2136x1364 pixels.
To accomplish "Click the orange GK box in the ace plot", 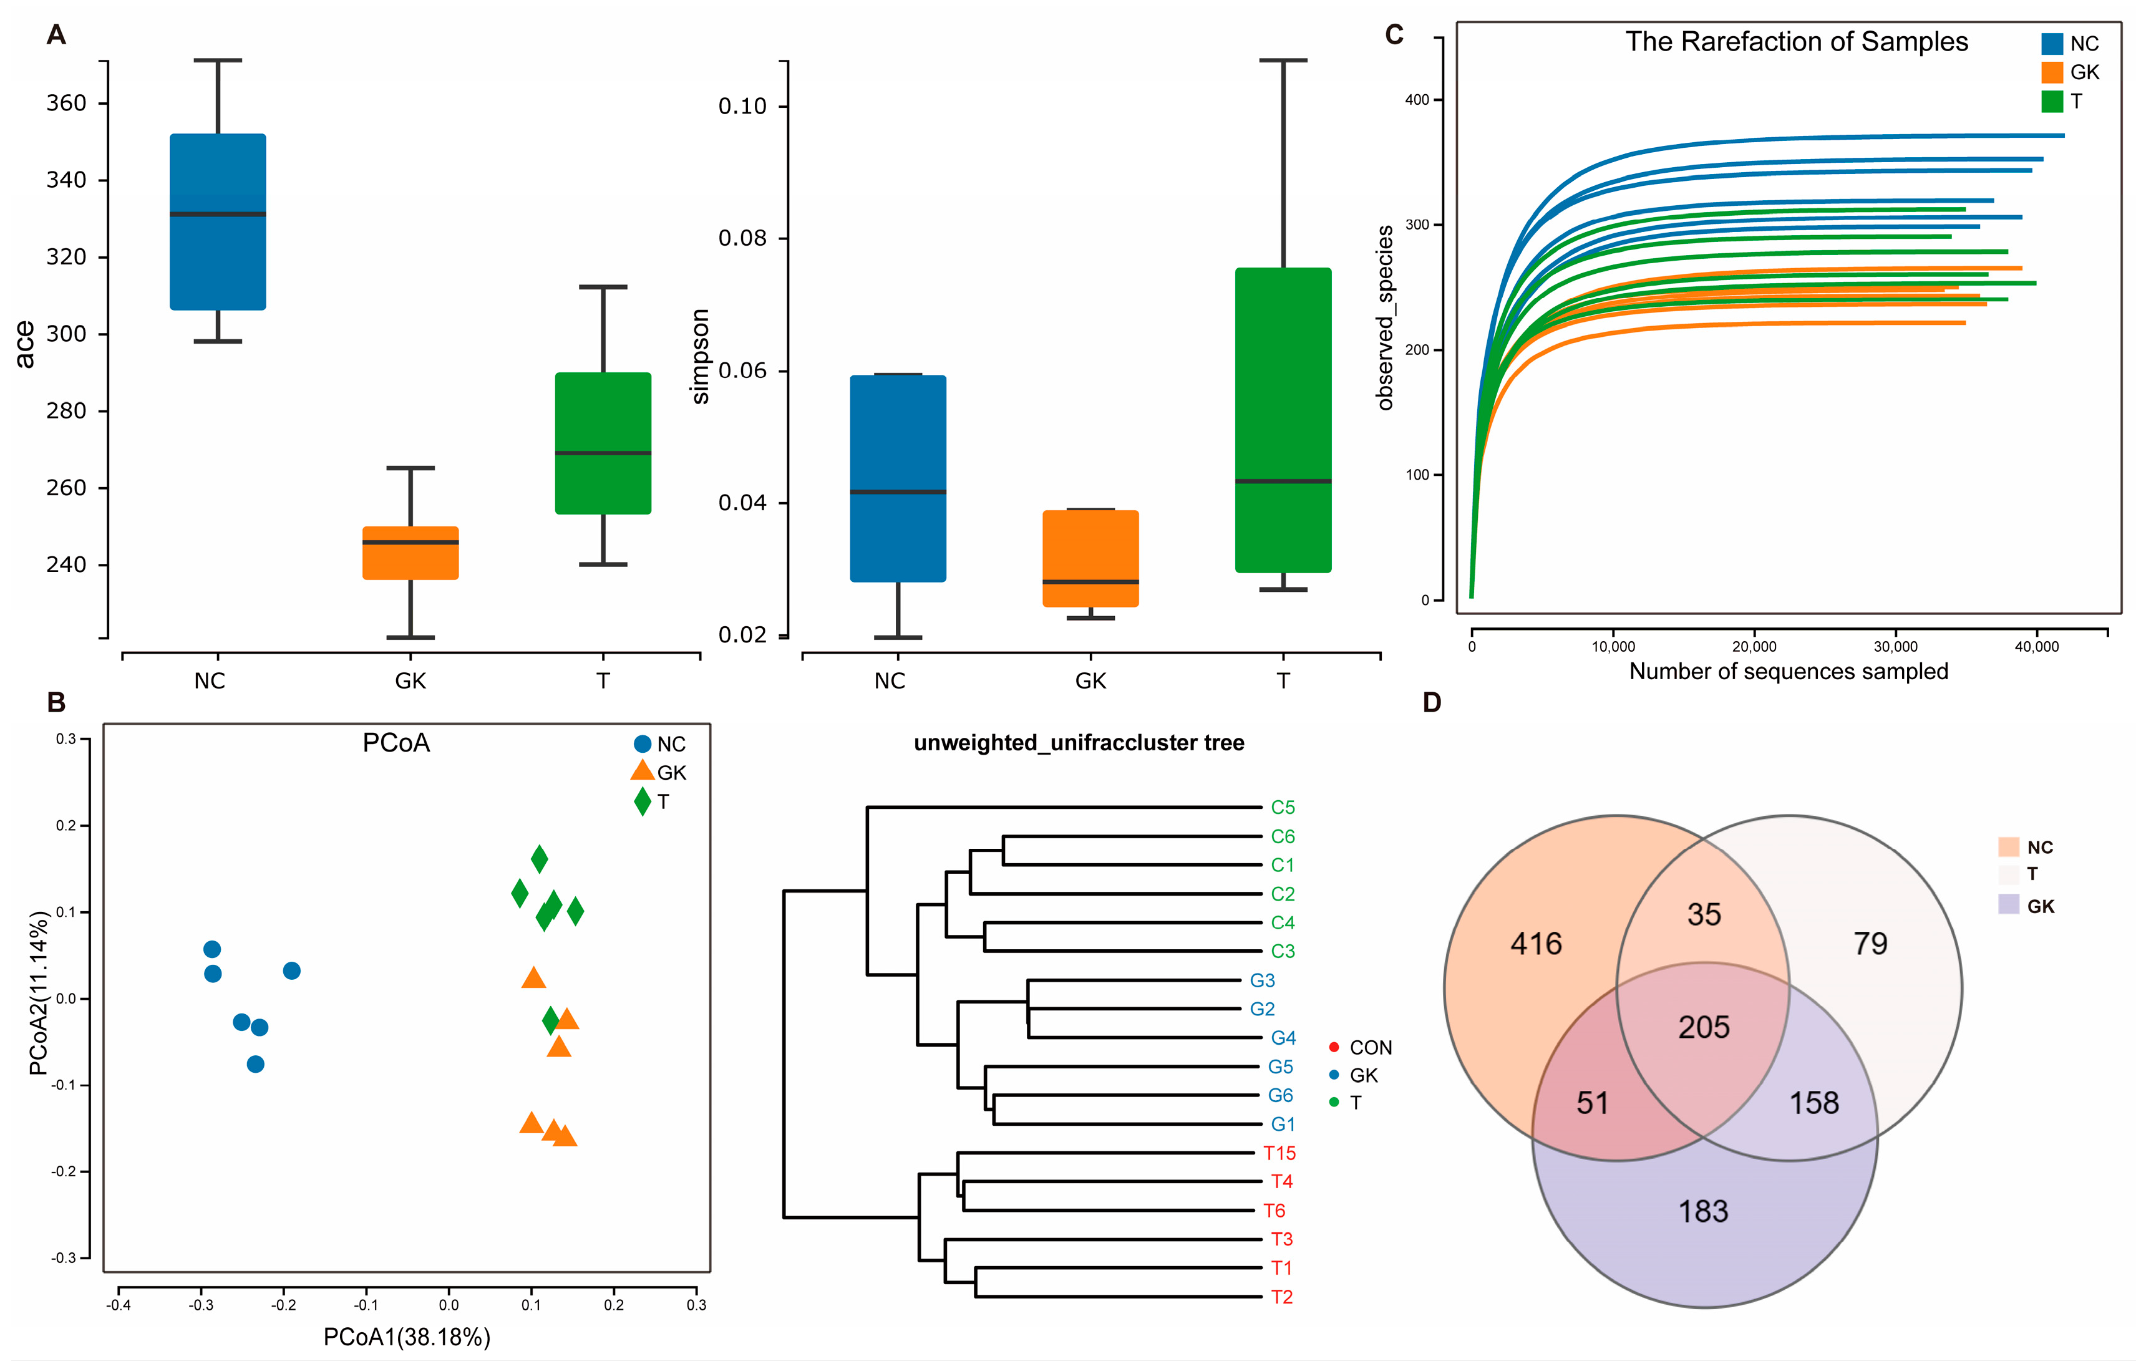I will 410,553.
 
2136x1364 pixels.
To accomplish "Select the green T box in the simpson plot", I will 1283,420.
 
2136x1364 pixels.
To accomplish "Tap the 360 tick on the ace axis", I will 67,104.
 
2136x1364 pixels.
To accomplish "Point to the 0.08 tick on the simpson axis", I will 742,238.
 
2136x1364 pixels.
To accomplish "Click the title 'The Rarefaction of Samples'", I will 1795,42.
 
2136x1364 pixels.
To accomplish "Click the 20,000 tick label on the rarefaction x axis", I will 1754,647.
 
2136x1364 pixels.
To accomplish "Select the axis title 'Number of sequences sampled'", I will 1789,671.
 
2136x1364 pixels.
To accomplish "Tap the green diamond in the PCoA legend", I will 642,801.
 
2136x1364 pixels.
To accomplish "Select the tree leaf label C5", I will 1282,808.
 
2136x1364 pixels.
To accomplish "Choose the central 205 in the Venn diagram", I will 1703,1027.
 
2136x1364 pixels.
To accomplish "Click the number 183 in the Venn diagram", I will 1702,1211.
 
